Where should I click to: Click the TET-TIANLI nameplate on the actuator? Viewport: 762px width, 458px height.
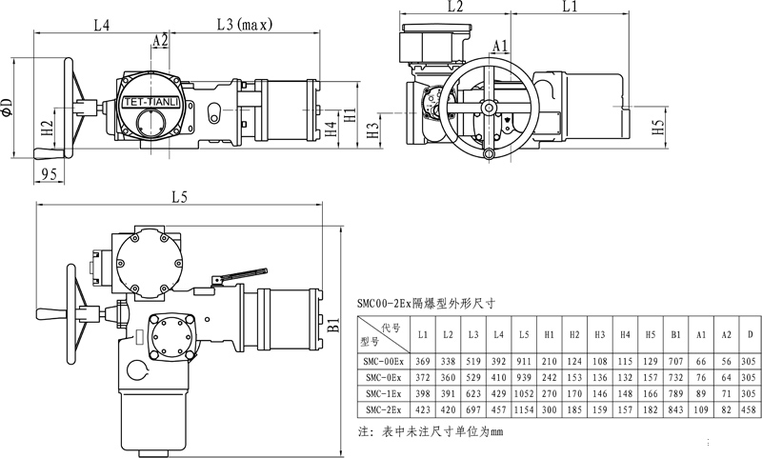147,99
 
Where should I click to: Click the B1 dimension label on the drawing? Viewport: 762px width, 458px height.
334,325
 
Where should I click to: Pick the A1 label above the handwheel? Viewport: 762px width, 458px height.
501,45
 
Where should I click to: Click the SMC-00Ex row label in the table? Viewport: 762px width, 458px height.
383,362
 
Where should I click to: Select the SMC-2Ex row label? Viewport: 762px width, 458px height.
383,408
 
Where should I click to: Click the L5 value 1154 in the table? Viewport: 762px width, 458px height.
524,408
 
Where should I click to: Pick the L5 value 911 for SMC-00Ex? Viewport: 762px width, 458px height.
524,362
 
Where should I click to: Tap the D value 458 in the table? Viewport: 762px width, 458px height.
750,408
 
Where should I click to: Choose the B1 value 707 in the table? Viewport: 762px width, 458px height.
674,362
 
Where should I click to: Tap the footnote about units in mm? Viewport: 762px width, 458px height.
430,431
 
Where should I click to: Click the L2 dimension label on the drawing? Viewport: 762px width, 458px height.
454,7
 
